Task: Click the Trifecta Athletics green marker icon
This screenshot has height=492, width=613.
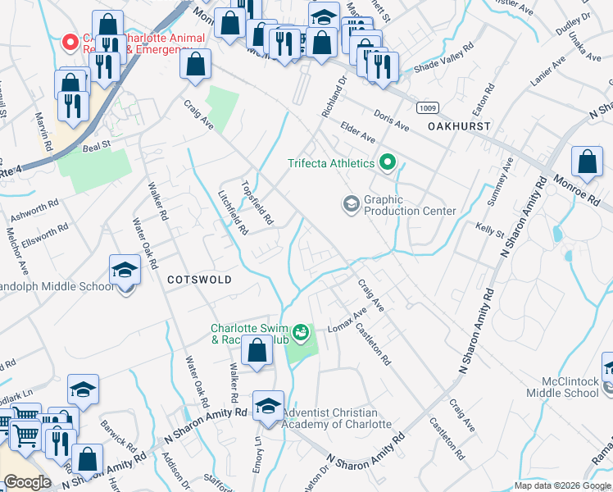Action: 387,163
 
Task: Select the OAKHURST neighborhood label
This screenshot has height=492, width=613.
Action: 459,126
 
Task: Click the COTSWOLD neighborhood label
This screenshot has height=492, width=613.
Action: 199,280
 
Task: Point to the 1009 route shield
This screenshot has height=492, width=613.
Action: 426,107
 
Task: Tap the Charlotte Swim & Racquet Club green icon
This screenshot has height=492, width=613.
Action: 301,332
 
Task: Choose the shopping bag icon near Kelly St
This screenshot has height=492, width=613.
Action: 588,163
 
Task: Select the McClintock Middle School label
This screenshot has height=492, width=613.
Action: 570,387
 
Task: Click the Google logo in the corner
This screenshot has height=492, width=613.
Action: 27,482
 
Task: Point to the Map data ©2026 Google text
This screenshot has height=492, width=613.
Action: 562,485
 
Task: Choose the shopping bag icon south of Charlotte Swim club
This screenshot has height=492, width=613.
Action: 257,351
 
